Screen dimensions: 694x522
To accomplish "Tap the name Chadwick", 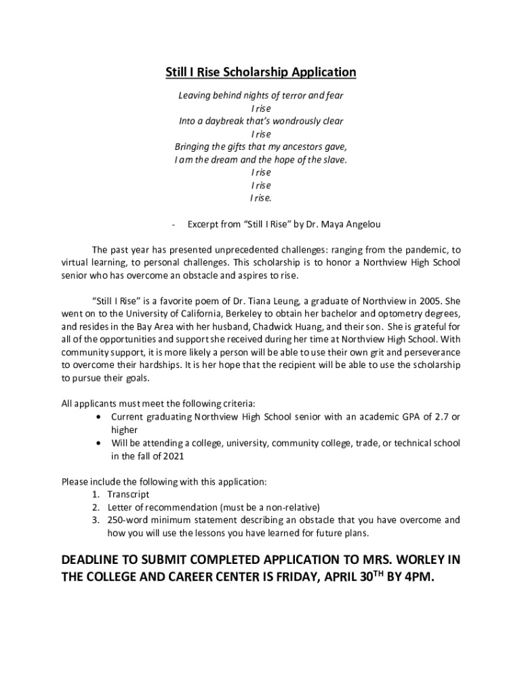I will [298, 326].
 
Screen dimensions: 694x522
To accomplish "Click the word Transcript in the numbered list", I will [129, 495].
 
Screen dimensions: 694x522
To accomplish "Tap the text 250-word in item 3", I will [129, 520].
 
